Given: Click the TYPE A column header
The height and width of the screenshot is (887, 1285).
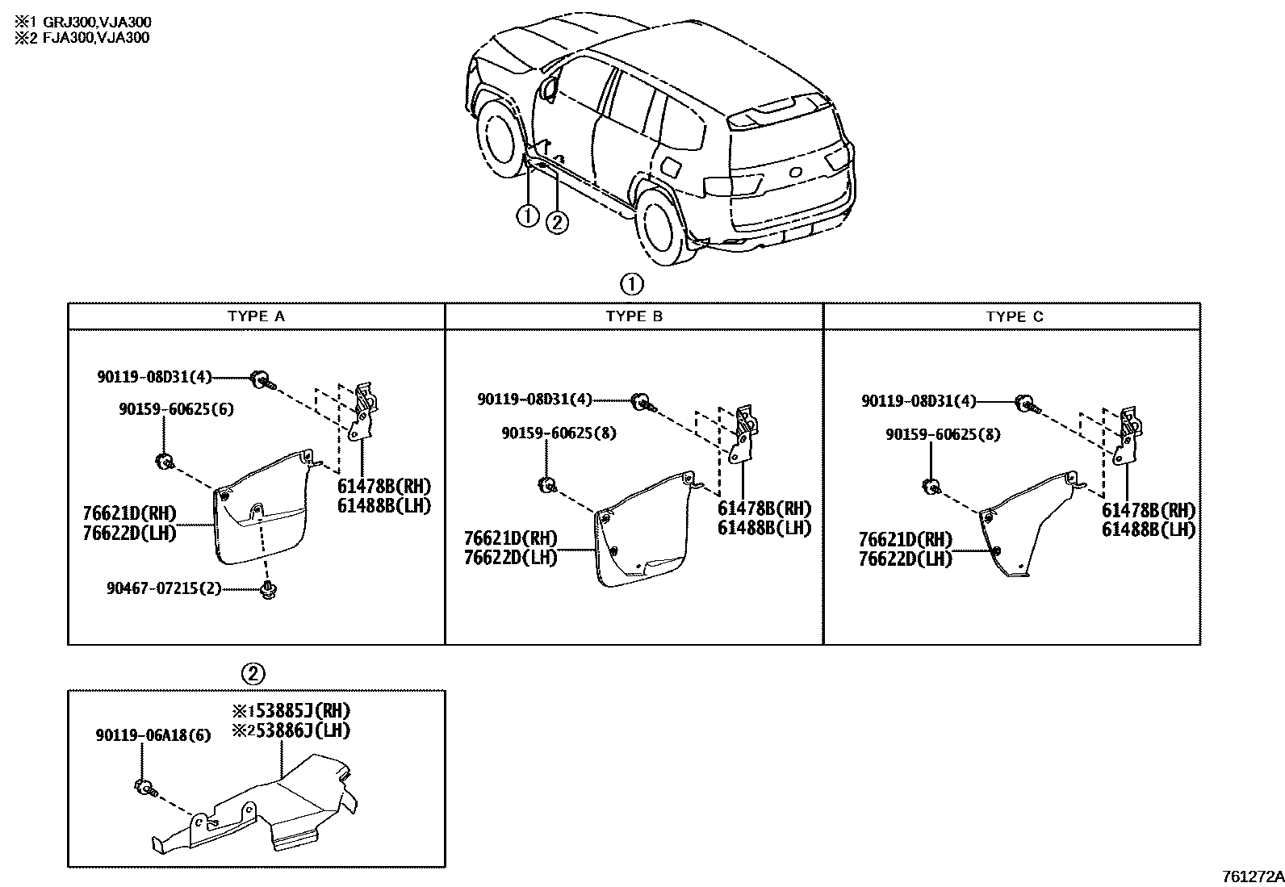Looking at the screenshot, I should tap(256, 316).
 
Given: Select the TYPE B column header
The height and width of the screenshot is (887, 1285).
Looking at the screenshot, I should tap(634, 316).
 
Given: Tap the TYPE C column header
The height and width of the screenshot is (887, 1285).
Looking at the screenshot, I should tap(1014, 316).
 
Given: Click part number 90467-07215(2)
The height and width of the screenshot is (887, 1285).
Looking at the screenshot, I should tap(163, 588).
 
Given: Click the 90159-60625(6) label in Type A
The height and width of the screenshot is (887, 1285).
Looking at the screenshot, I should tap(177, 409).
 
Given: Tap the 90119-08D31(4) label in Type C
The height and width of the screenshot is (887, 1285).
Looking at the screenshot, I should tap(919, 400).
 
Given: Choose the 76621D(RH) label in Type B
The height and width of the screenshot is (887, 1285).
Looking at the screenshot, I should tap(510, 539).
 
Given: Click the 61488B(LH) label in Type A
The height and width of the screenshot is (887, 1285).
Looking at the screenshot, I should tap(384, 506).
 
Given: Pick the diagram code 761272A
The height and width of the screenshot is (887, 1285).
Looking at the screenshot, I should tap(1252, 877).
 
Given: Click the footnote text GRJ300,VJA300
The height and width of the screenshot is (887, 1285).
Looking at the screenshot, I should tap(89, 22).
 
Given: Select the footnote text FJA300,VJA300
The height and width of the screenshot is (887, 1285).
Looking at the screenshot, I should tap(88, 37).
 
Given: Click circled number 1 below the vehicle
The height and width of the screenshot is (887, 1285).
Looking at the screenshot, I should tap(527, 215).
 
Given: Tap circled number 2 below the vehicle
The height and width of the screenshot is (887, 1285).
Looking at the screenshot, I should tap(557, 221).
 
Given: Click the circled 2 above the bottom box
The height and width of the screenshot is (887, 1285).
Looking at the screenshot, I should tap(253, 673).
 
